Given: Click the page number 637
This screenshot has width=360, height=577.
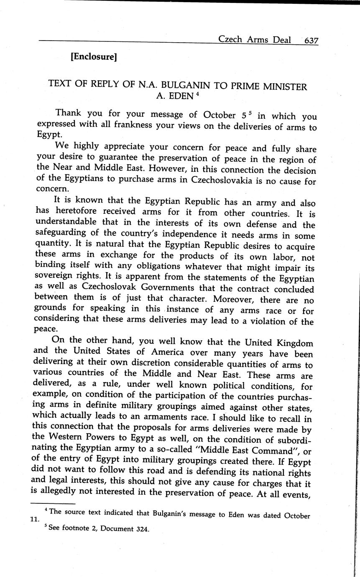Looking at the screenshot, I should [x=311, y=41].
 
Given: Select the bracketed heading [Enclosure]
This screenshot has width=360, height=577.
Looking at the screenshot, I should [x=93, y=56].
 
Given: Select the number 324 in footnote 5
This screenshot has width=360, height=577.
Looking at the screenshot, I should [x=143, y=528].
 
